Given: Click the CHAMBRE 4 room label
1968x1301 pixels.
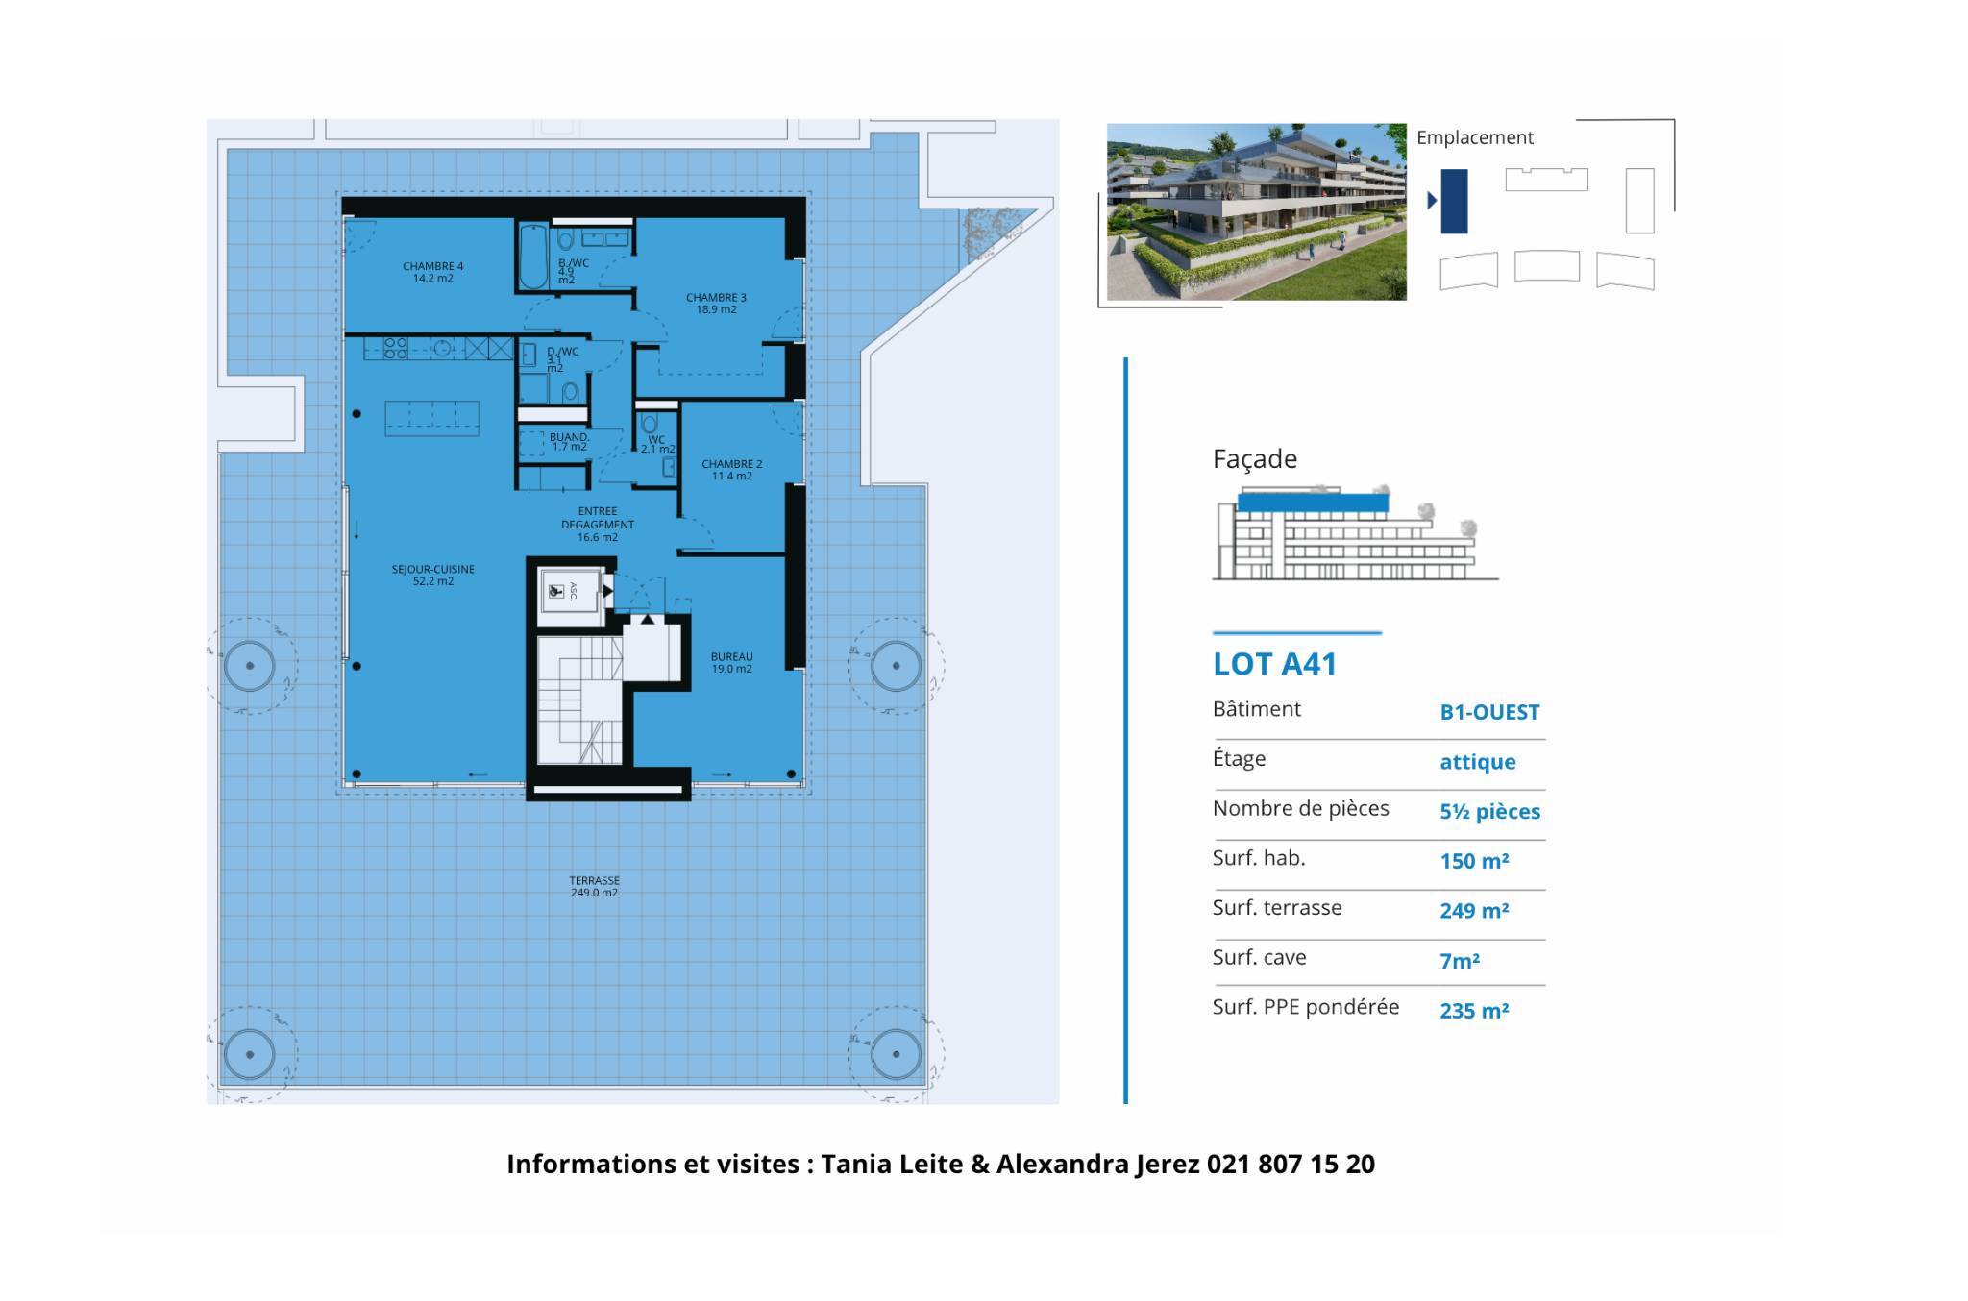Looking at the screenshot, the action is click(x=432, y=272).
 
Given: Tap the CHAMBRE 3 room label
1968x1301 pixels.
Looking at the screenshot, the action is click(x=716, y=304).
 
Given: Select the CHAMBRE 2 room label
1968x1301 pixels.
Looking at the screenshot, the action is click(x=731, y=470).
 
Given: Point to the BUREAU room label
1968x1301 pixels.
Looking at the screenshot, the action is click(x=731, y=663).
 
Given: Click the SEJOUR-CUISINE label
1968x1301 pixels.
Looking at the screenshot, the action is click(x=432, y=575).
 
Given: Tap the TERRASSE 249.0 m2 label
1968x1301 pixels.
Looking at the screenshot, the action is click(x=594, y=886).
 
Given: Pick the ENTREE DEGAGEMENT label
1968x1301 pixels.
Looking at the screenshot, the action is click(x=598, y=525).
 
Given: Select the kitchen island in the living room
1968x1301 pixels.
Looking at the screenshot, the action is click(x=431, y=418).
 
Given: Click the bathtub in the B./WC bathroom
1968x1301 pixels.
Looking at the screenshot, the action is click(x=533, y=255).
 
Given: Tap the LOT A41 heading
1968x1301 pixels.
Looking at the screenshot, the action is click(x=1274, y=664).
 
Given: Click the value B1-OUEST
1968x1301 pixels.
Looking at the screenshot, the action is click(x=1489, y=712).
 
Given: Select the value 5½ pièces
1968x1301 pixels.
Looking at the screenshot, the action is click(x=1489, y=812).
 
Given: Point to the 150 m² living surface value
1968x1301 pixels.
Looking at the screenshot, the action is click(x=1474, y=861).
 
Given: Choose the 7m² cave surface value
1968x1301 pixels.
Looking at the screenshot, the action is click(x=1460, y=961).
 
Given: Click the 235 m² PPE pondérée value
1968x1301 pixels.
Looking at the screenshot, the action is click(x=1474, y=1010).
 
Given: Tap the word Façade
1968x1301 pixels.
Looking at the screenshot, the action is click(x=1255, y=459).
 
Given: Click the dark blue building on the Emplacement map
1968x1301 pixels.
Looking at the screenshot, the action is click(x=1454, y=201).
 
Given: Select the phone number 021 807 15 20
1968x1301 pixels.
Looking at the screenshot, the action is click(x=1291, y=1164).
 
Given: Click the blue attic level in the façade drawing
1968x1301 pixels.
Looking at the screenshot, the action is click(x=1313, y=502).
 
